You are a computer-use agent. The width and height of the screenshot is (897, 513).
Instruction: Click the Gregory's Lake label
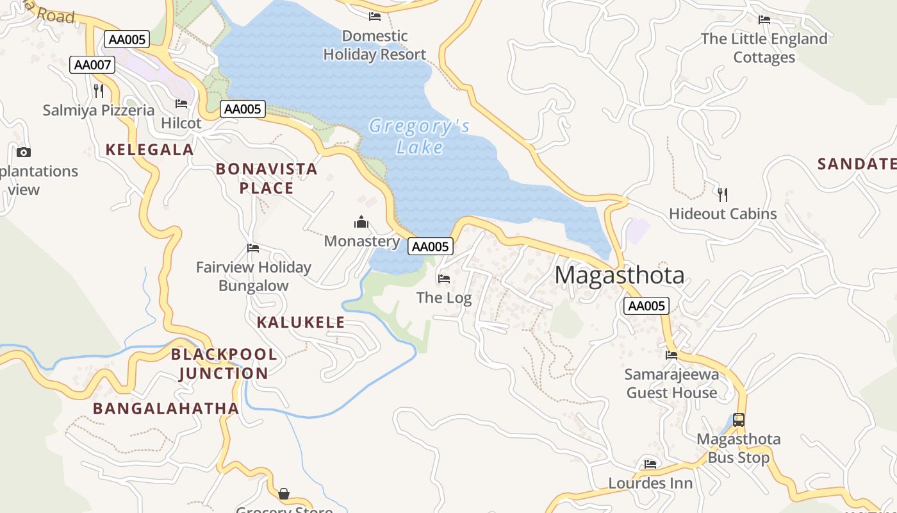(419, 137)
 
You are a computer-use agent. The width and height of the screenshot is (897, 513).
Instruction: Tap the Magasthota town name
(619, 275)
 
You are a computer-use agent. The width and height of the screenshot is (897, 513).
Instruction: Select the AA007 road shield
(92, 65)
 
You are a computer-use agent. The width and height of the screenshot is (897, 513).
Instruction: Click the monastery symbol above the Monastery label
(361, 223)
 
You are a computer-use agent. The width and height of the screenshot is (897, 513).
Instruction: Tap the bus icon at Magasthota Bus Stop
(739, 420)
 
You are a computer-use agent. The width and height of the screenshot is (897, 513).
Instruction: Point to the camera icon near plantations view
(24, 152)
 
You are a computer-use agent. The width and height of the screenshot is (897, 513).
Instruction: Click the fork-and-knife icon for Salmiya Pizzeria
(99, 91)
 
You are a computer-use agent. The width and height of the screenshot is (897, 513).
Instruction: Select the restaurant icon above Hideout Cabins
(723, 194)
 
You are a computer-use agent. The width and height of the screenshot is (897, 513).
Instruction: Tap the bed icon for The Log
(443, 278)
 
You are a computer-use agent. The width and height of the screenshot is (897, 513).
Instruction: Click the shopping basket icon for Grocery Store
(284, 494)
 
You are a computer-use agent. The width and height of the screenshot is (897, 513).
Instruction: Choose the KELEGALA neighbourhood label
(149, 149)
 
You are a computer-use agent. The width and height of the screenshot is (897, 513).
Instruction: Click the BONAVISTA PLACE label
(267, 178)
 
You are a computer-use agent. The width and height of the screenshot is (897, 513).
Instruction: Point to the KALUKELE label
(300, 322)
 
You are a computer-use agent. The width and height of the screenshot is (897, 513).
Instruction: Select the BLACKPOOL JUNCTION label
(224, 364)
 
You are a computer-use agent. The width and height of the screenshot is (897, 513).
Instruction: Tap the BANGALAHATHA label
(166, 408)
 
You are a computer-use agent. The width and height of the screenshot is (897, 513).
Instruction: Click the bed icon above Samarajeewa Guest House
(671, 355)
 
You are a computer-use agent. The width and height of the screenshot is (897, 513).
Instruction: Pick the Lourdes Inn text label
(650, 483)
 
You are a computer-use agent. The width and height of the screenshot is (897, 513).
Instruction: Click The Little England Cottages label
(764, 48)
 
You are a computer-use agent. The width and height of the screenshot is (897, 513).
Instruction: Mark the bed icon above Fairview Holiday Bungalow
(253, 248)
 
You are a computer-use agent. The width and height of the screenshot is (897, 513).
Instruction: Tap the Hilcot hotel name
(181, 123)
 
